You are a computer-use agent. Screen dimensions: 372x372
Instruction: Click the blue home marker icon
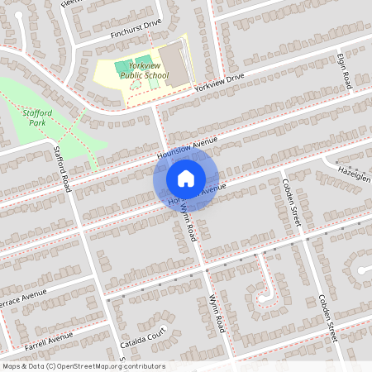[186, 177]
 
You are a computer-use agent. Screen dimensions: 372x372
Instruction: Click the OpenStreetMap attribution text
[83, 365]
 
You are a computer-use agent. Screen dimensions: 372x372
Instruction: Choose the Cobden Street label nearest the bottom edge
[328, 318]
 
